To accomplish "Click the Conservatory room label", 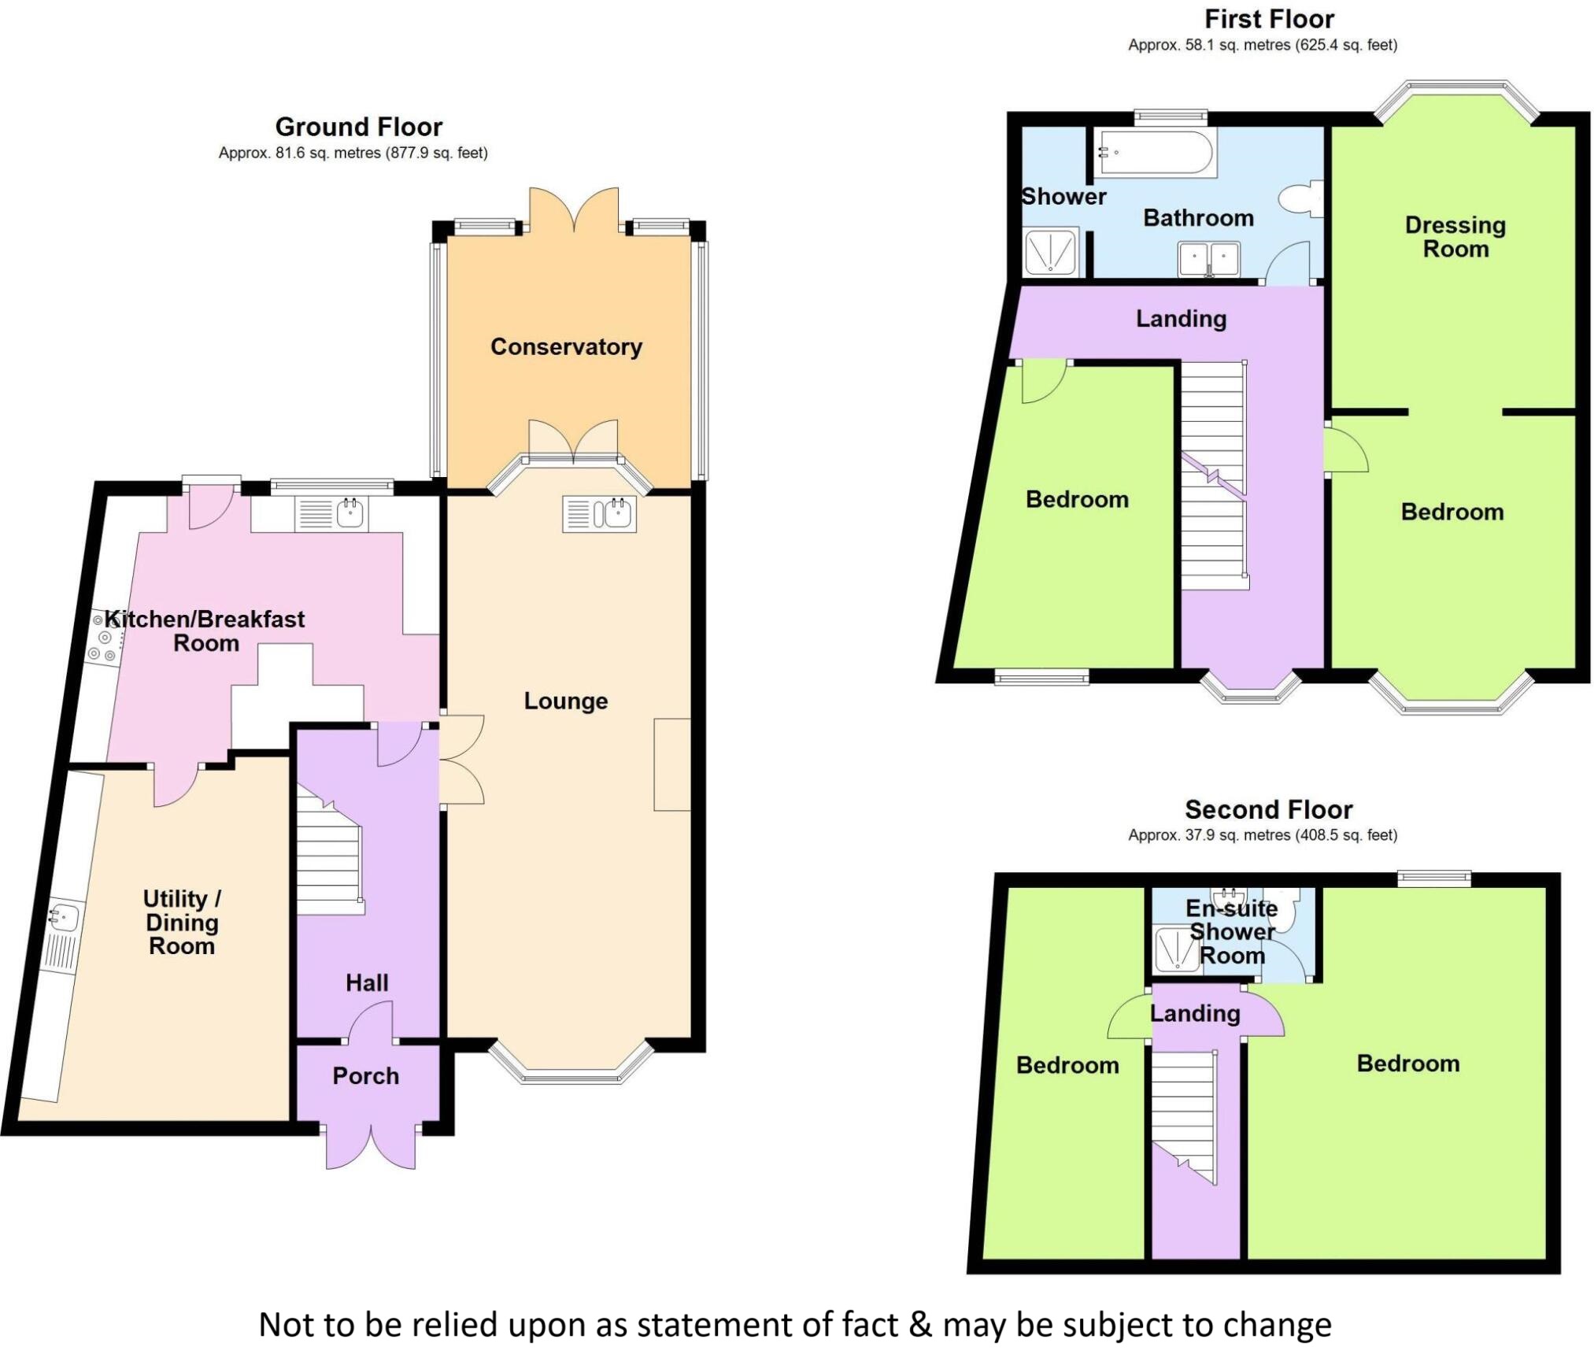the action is pos(566,347).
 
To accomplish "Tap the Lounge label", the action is pos(566,701).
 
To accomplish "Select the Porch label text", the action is pos(365,1076).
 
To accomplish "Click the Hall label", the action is pos(367,982).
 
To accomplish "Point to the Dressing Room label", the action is pos(1455,237).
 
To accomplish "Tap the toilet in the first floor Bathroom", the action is pos(1301,198).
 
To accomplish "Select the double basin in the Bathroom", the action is pos(1209,259).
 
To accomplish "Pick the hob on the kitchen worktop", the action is pos(105,638).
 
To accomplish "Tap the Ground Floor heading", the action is pos(359,127).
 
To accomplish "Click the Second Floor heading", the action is pos(1269,809).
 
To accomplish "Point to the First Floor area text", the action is pos(1263,45).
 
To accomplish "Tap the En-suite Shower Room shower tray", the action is pos(1178,950).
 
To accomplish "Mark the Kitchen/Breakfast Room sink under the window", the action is pos(331,514).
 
